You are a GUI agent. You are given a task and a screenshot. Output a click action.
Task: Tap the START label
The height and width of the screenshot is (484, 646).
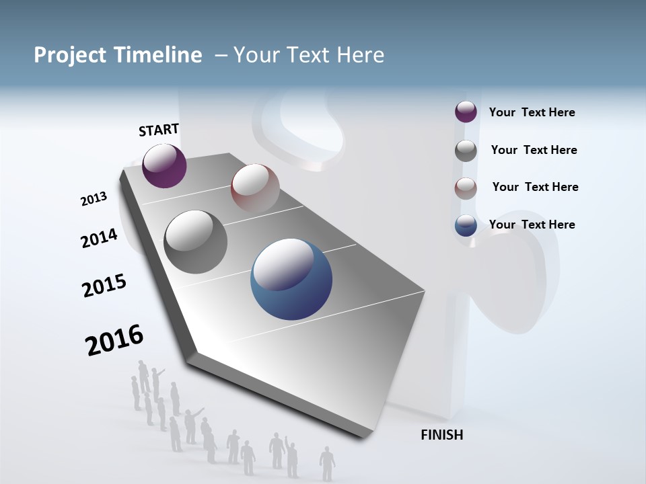pyautogui.click(x=159, y=130)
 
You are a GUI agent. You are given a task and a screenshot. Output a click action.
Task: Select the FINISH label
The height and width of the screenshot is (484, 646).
pyautogui.click(x=441, y=435)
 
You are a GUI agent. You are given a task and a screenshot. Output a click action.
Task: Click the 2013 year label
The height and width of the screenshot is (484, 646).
pyautogui.click(x=94, y=199)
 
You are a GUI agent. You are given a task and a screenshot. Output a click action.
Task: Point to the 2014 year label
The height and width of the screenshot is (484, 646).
pyautogui.click(x=99, y=238)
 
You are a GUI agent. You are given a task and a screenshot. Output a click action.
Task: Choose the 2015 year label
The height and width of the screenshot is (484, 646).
pyautogui.click(x=104, y=286)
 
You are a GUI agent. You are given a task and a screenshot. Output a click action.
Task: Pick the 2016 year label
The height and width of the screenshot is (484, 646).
pyautogui.click(x=114, y=339)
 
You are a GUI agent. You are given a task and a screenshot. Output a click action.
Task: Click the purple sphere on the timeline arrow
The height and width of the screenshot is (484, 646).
pyautogui.click(x=164, y=165)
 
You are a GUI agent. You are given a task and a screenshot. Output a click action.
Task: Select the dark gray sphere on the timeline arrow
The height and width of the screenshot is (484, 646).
pyautogui.click(x=195, y=241)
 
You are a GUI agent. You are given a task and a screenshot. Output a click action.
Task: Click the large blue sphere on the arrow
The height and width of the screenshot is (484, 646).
pyautogui.click(x=291, y=279)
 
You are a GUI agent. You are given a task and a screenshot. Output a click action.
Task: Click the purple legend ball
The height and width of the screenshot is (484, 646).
pyautogui.click(x=466, y=112)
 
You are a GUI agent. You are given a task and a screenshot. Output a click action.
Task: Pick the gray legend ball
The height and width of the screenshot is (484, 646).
pyautogui.click(x=466, y=150)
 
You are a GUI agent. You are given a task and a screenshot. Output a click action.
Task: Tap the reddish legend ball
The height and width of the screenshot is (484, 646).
pyautogui.click(x=466, y=188)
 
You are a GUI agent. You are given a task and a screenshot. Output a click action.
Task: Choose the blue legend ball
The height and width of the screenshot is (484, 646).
pyautogui.click(x=466, y=225)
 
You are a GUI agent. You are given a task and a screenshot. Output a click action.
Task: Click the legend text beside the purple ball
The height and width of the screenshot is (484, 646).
pyautogui.click(x=532, y=112)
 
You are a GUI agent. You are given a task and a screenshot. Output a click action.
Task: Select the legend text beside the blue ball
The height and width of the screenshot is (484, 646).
pyautogui.click(x=532, y=225)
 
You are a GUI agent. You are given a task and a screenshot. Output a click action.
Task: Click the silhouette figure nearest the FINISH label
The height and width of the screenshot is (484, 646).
pyautogui.click(x=327, y=463)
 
